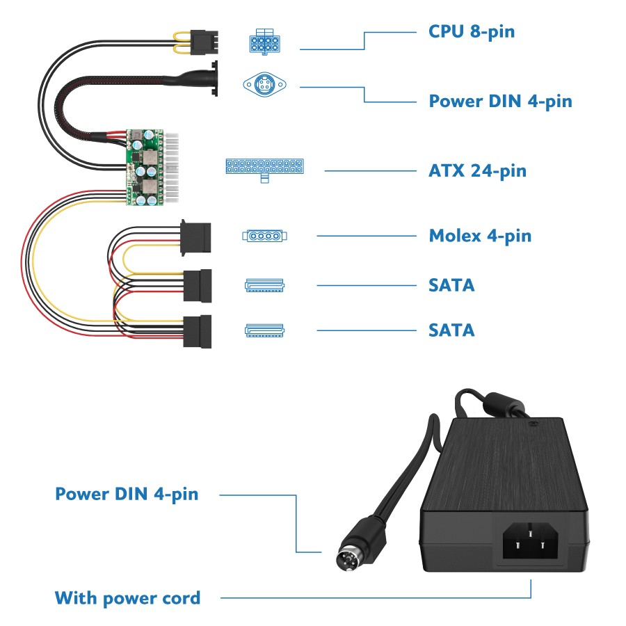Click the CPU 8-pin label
(472, 31)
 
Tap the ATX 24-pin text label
(477, 170)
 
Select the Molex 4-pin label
(480, 236)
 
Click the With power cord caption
(127, 597)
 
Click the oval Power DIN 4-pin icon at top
(264, 85)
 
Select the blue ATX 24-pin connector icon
(264, 168)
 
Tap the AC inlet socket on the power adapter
(530, 541)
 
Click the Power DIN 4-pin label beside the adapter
(127, 494)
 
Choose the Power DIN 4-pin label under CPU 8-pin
(500, 101)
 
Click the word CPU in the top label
(445, 31)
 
